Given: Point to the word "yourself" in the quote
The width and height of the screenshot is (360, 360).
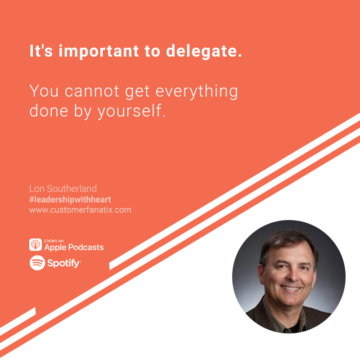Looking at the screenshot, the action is [130, 111].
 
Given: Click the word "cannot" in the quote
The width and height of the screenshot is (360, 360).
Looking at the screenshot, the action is [92, 91].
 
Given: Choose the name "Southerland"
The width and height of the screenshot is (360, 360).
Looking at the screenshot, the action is [72, 189].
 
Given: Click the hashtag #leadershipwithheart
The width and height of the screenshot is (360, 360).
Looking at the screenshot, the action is [70, 199].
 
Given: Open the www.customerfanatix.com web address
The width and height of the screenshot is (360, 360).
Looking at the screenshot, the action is [80, 210].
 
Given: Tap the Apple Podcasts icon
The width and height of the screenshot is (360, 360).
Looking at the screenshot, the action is [36, 244].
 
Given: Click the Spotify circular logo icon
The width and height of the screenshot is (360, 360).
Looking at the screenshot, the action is [37, 263].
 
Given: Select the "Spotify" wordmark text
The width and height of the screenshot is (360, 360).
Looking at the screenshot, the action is [63, 263].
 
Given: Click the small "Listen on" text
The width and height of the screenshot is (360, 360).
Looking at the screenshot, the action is [54, 241].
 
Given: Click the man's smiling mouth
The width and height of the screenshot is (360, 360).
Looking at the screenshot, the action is [291, 288].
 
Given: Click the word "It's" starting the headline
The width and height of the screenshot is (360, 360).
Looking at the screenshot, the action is [41, 51].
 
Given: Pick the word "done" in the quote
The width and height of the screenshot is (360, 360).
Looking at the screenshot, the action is [49, 111].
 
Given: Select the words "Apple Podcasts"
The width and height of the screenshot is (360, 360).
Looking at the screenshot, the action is [74, 247].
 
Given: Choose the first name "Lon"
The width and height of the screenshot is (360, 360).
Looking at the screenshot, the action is [37, 189].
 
